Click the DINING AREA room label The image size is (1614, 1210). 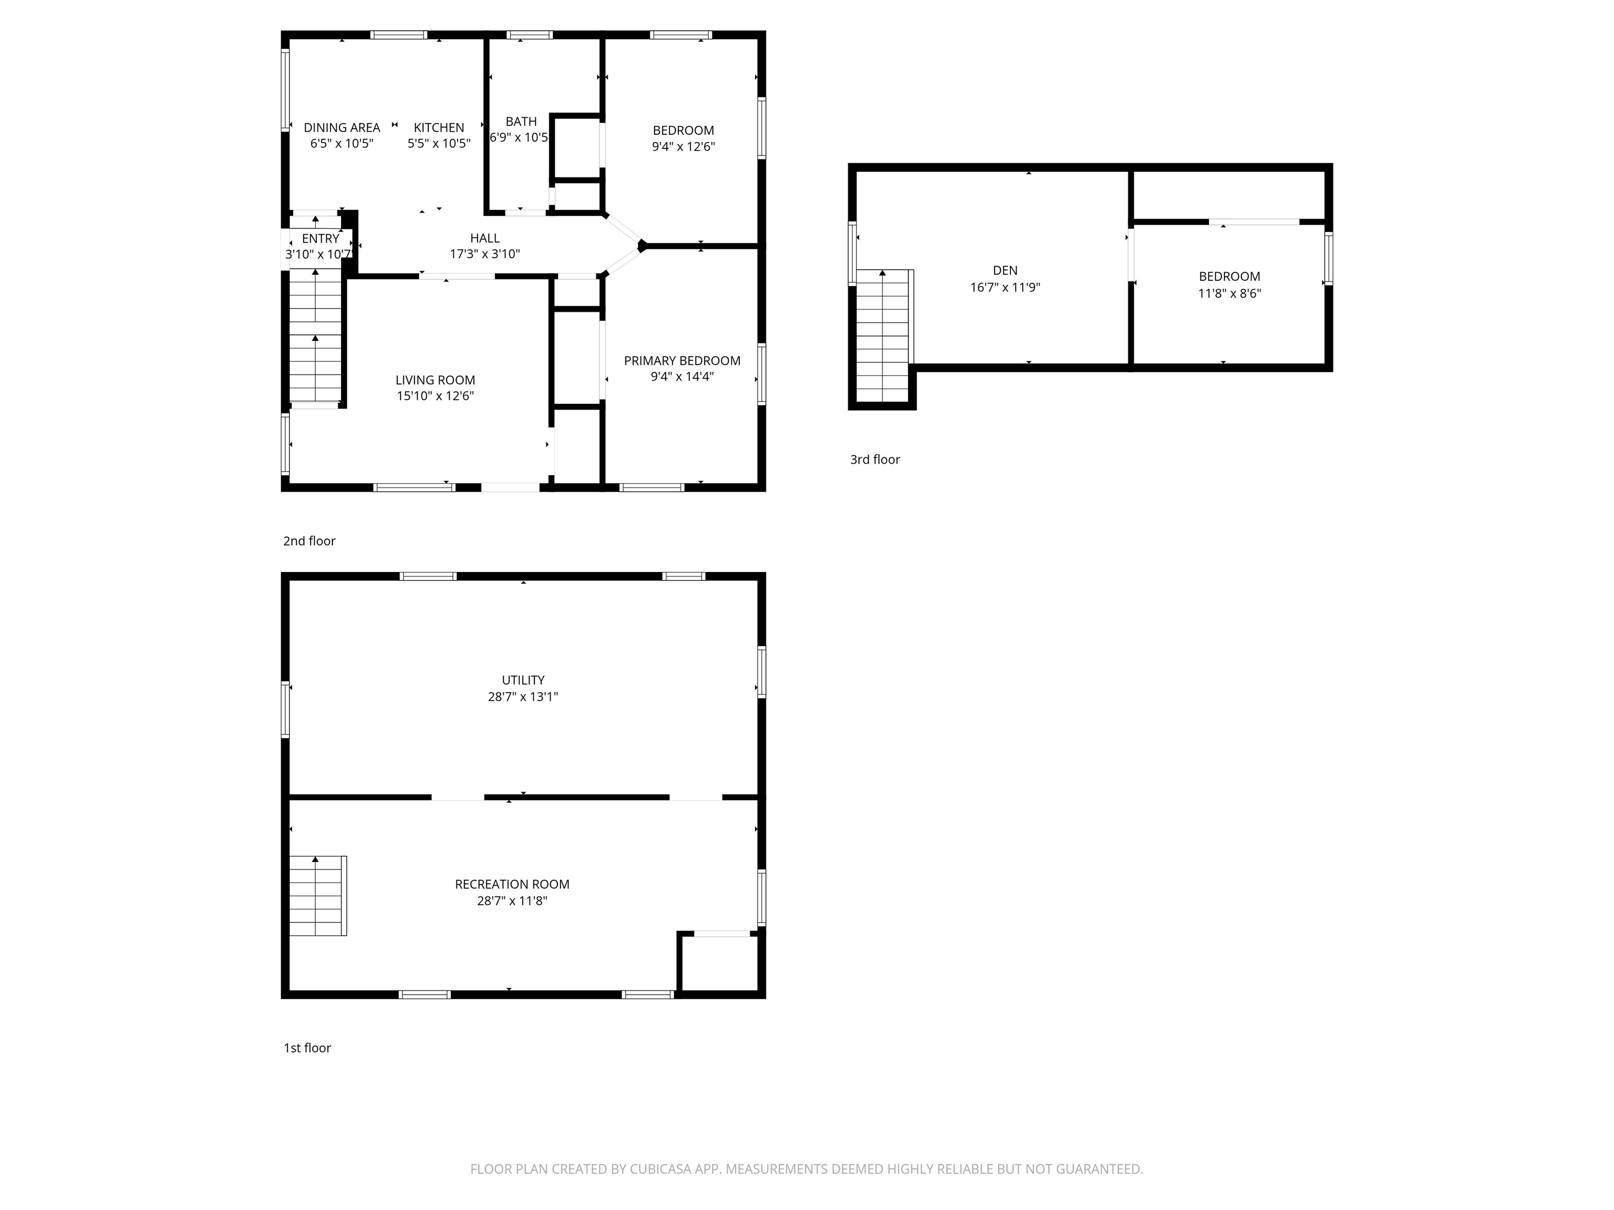tap(342, 128)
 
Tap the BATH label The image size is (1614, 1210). tap(521, 122)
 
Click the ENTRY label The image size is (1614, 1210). tap(320, 238)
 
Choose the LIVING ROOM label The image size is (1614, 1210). tap(435, 380)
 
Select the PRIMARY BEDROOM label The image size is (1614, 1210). tap(681, 361)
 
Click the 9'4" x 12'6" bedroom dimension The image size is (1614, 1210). tap(683, 147)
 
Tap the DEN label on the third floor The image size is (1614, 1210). tap(1005, 270)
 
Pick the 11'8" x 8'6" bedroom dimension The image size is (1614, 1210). tap(1229, 293)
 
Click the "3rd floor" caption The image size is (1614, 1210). tap(874, 460)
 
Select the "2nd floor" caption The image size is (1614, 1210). tap(308, 541)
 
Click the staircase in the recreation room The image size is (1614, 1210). tap(317, 895)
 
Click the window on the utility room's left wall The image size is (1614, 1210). tap(286, 710)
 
